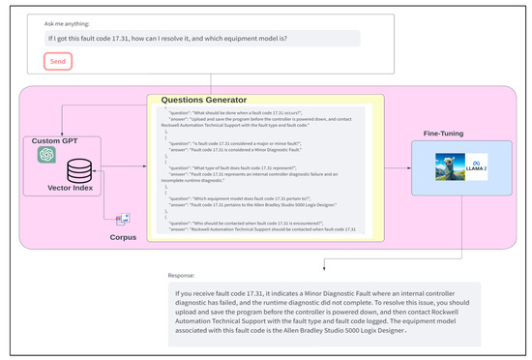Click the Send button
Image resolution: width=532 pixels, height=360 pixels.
[x=57, y=61]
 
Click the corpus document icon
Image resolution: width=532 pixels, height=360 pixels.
[x=123, y=221]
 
